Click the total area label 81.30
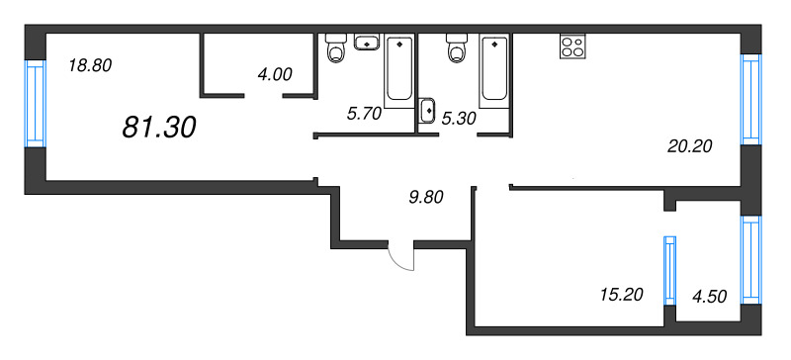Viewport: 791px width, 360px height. [x=159, y=126]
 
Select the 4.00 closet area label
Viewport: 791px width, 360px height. [x=274, y=73]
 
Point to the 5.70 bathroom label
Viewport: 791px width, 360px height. [x=364, y=113]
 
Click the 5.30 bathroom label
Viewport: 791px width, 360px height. [x=459, y=118]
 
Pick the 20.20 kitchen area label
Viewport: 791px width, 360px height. [x=690, y=145]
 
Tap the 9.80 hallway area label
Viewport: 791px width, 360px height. [x=425, y=196]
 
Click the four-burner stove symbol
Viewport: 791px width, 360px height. [x=572, y=46]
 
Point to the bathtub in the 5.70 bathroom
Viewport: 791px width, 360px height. [x=398, y=69]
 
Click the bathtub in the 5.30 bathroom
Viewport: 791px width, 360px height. [x=493, y=69]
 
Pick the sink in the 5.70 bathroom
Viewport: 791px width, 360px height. [x=367, y=43]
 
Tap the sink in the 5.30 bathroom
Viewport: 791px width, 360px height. [x=428, y=111]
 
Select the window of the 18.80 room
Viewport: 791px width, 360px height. [x=36, y=103]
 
